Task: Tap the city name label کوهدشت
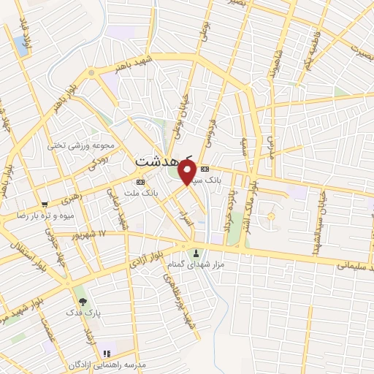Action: [x=164, y=159]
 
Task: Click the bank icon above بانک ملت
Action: [x=141, y=182]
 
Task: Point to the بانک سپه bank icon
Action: [x=205, y=169]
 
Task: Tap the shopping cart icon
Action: [x=45, y=205]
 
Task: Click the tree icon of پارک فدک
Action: [x=82, y=301]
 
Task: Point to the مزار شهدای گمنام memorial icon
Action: [x=196, y=253]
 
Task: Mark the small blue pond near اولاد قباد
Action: [x=19, y=45]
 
